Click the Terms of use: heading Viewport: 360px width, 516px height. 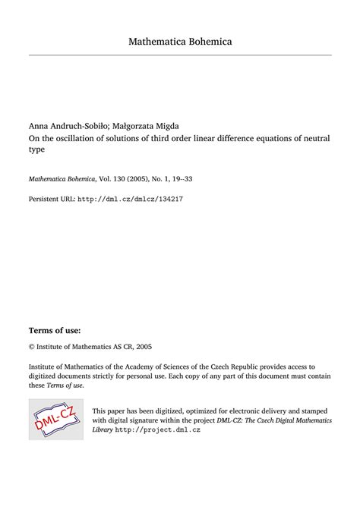click(x=54, y=310)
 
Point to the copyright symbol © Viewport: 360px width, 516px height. click(x=32, y=326)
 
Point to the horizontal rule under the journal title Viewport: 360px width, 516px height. click(x=180, y=55)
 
